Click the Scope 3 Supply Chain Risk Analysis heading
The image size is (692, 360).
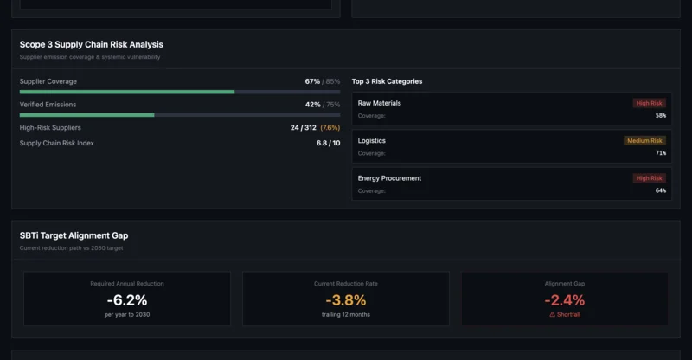[x=91, y=44]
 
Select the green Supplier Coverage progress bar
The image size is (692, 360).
[x=127, y=92]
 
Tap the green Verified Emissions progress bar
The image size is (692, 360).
[x=86, y=114]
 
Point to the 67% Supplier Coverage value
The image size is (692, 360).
[x=312, y=81]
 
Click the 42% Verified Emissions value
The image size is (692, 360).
[x=312, y=105]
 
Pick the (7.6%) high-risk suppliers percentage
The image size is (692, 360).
[x=330, y=127]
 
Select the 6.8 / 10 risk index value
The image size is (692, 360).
[x=328, y=143]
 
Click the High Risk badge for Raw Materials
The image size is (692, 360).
[x=649, y=103]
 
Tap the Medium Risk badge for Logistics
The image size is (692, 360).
[x=644, y=141]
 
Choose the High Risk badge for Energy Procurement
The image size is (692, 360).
[x=649, y=178]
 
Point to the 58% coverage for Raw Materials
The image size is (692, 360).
[x=661, y=116]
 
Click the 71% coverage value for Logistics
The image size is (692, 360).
[x=661, y=153]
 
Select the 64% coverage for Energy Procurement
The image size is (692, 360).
[x=661, y=190]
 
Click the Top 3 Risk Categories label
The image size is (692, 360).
[x=387, y=81]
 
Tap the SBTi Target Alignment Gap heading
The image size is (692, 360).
[x=74, y=235]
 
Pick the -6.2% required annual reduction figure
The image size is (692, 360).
[x=127, y=300]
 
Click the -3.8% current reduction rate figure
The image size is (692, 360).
[x=346, y=300]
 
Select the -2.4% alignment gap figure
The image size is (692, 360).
[x=565, y=300]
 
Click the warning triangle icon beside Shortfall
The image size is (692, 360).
[x=553, y=315]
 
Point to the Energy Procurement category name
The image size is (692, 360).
[x=389, y=178]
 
